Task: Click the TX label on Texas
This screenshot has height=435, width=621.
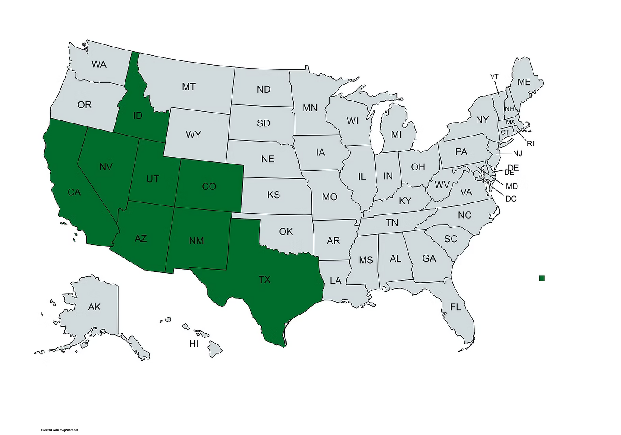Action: coord(264,280)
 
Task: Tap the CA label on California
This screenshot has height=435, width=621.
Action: coord(74,192)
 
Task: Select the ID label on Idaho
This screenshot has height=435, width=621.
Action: coord(138,116)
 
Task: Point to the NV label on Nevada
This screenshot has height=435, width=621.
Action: coord(106,167)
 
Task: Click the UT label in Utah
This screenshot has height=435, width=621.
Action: coord(152,179)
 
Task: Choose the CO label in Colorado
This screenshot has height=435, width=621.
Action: coord(209,186)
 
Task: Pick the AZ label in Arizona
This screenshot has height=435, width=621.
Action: coord(141,238)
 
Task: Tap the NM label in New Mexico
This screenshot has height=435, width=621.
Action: coord(196,240)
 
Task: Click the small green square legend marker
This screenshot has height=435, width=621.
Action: coord(542,278)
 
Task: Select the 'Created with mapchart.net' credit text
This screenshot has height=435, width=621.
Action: coord(60,430)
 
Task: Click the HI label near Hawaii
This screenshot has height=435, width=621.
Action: coord(194,344)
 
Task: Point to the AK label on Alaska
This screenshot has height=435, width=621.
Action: coord(94,307)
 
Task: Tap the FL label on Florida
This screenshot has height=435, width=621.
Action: coord(455,307)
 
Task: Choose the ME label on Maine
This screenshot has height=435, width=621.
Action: coord(524,82)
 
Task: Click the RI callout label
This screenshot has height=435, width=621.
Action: coord(530,144)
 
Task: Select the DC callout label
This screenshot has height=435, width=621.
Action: coord(511,199)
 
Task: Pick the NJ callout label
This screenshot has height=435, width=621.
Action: coord(517,154)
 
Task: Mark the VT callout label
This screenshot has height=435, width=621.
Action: coord(494,76)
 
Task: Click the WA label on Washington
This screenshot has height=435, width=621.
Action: coord(99,64)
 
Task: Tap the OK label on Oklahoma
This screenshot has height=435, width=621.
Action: coord(286,232)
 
